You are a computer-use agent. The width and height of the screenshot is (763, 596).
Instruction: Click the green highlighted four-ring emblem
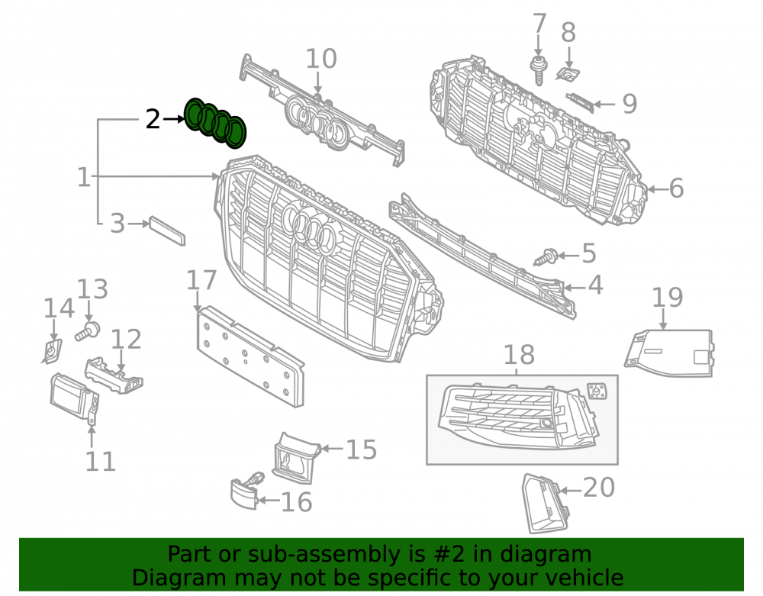(x=215, y=123)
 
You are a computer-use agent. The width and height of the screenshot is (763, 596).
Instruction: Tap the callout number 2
(x=153, y=119)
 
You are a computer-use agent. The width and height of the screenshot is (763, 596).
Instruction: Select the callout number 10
(x=321, y=59)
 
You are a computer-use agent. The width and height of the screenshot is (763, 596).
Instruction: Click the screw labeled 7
(x=538, y=70)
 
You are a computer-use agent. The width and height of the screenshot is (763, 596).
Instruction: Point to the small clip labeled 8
(x=568, y=74)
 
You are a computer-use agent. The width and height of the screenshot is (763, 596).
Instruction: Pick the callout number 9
(x=629, y=104)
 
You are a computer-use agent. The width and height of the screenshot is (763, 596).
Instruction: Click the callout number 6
(x=676, y=188)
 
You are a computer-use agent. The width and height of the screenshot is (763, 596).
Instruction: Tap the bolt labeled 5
(x=546, y=257)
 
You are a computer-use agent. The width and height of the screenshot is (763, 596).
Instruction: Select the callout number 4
(x=596, y=285)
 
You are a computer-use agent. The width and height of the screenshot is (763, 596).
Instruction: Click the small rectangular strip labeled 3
(x=167, y=231)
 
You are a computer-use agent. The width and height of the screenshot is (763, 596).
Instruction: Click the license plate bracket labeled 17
(x=250, y=356)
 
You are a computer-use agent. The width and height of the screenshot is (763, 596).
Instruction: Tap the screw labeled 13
(x=88, y=331)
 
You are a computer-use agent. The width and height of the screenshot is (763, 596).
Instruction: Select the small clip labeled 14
(x=51, y=351)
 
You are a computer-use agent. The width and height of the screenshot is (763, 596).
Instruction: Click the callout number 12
(x=126, y=339)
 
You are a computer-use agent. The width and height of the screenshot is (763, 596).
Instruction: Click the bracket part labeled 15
(x=295, y=458)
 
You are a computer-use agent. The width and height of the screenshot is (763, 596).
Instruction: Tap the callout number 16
(x=296, y=502)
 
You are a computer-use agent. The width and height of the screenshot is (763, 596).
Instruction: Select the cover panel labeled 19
(x=670, y=353)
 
